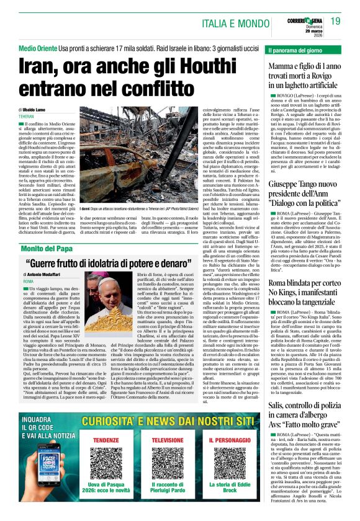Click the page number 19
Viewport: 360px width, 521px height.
point(335,22)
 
